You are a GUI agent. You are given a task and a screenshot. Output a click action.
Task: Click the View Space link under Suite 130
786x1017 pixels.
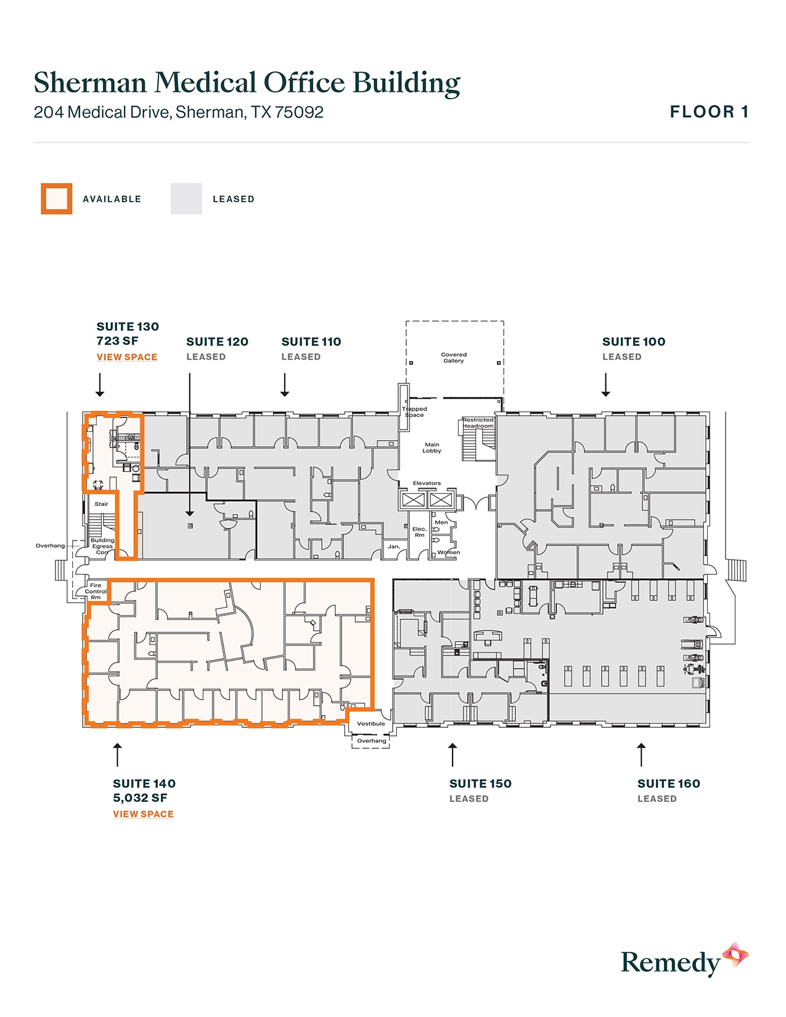coord(127,357)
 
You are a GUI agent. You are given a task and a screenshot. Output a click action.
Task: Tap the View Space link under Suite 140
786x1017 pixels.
coord(143,814)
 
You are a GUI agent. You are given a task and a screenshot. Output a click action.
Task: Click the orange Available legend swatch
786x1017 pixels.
coord(57,199)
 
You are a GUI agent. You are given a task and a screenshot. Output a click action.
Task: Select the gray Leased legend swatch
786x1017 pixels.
coord(186,199)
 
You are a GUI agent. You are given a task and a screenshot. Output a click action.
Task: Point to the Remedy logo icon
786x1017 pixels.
coord(735,956)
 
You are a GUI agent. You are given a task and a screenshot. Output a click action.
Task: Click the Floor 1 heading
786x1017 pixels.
coord(709,112)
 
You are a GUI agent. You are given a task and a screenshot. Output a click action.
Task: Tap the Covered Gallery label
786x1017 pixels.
coord(454,357)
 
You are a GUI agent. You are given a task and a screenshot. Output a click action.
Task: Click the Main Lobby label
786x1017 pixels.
coord(432,447)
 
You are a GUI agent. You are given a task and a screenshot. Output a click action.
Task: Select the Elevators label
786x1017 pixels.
coord(427,483)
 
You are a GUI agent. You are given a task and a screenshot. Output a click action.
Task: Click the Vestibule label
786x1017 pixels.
coord(371,724)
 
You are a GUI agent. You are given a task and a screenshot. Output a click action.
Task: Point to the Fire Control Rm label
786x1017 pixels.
coord(96,591)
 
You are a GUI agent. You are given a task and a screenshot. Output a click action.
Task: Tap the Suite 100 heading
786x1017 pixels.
coord(634,341)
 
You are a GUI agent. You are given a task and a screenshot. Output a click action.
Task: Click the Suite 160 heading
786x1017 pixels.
coord(669,783)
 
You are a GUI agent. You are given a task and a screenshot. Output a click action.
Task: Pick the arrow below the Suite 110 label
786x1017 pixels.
coord(285,385)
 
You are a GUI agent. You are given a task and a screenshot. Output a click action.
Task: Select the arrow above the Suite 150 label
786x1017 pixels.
coord(452,754)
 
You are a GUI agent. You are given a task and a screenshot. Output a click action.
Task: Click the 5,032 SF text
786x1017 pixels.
coord(140,798)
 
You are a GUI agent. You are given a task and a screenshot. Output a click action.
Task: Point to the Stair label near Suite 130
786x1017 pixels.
coord(101,504)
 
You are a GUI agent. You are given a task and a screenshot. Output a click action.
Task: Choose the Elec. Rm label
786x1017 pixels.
coord(419,532)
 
